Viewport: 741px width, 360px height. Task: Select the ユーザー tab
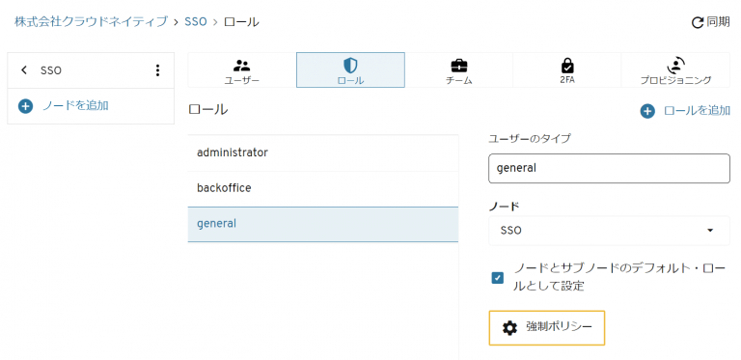click(x=241, y=70)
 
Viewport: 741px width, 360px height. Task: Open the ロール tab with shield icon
click(x=350, y=70)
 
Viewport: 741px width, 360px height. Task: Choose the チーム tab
click(x=458, y=70)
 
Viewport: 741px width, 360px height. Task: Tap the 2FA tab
click(x=567, y=70)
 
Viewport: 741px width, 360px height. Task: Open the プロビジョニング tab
click(x=675, y=70)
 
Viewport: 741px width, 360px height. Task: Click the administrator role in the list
click(x=322, y=152)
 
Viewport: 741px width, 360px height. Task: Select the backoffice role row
click(x=322, y=188)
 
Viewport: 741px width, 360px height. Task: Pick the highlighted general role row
click(x=322, y=224)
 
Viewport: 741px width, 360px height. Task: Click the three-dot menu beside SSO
click(x=157, y=70)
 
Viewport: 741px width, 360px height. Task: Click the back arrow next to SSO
click(x=24, y=70)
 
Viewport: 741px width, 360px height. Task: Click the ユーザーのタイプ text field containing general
click(x=609, y=168)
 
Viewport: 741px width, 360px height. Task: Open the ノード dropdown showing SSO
click(x=609, y=231)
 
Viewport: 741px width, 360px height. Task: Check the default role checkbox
click(x=498, y=278)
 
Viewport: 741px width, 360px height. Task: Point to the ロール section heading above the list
click(x=208, y=110)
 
